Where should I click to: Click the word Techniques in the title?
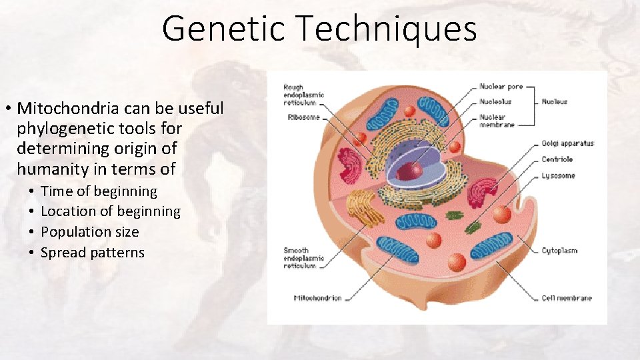tap(387, 29)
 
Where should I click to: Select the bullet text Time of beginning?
tap(99, 191)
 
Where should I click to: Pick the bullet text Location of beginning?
tap(111, 211)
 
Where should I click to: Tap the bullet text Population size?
tap(90, 232)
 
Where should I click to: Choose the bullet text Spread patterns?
tap(93, 253)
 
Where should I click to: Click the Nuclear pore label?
tap(501, 87)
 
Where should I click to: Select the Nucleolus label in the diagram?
tap(496, 102)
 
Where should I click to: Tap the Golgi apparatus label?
tap(567, 143)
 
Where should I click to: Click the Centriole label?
tap(557, 160)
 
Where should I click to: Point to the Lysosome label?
tap(558, 176)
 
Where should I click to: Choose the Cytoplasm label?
tap(559, 251)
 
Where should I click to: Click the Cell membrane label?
tap(567, 298)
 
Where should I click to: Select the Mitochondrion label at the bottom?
tap(317, 298)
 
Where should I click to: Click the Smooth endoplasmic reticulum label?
tap(303, 258)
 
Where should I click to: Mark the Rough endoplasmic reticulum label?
tap(303, 95)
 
